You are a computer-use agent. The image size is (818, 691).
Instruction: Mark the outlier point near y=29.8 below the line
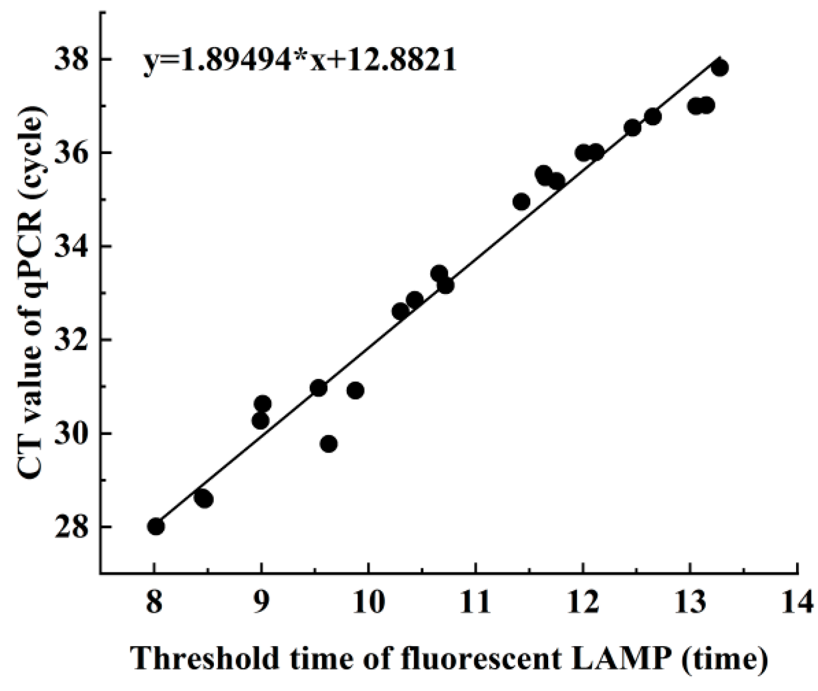tap(329, 444)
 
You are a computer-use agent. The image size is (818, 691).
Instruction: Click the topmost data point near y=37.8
tap(719, 67)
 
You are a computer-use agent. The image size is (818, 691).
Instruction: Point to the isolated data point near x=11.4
tap(522, 202)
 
